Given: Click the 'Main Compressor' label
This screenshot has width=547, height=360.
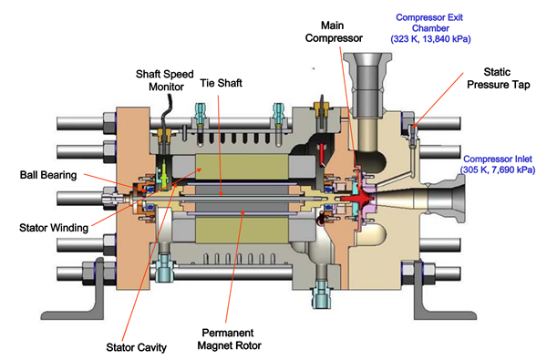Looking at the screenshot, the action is click(x=334, y=32).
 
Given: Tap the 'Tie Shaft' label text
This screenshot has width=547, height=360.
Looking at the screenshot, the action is click(x=221, y=83).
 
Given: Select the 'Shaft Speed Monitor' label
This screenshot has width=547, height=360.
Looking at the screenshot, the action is click(x=165, y=80).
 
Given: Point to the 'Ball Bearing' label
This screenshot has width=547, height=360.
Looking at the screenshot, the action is click(x=48, y=175).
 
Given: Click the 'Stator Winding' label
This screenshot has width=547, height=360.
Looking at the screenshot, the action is click(x=54, y=228).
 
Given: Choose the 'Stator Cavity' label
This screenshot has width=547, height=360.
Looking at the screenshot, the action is click(x=137, y=347).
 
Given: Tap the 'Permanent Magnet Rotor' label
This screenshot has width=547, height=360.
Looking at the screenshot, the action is click(x=229, y=339).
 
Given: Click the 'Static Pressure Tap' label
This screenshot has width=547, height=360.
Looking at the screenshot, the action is click(x=498, y=78).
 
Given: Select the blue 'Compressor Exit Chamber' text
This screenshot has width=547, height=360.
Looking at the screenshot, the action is click(x=429, y=23).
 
